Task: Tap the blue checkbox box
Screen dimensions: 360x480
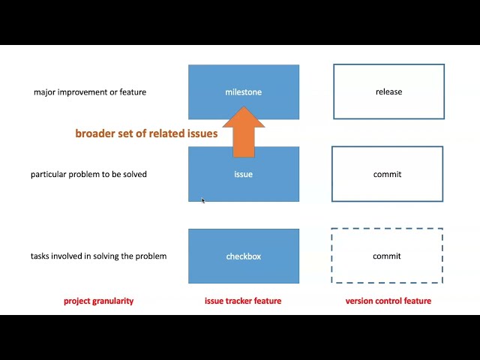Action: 244,256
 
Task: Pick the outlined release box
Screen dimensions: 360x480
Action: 388,91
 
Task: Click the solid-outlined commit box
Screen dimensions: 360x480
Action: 387,174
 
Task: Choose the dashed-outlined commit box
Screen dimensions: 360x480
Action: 387,256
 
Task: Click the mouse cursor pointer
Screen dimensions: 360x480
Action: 202,200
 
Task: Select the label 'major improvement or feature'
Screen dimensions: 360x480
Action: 90,92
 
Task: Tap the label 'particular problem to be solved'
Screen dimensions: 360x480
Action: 88,174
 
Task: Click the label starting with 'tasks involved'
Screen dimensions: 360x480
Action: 98,256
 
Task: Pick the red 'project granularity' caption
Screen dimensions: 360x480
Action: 98,301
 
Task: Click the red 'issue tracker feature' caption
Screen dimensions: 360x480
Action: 243,301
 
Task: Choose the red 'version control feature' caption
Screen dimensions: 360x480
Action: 388,301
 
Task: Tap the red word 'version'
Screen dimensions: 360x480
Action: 359,301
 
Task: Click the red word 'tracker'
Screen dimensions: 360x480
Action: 239,301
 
